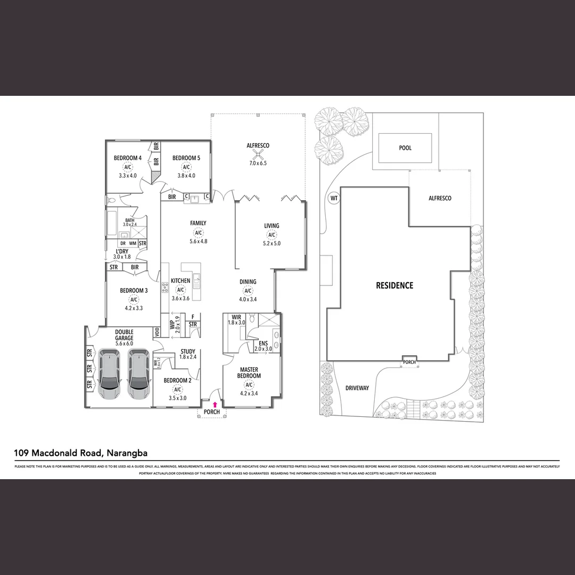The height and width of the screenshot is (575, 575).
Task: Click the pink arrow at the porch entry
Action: [215, 405]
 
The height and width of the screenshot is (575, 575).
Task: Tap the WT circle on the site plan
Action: [334, 199]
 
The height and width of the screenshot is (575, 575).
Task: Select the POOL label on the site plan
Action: [405, 148]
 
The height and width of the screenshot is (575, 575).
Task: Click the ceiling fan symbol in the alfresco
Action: [258, 155]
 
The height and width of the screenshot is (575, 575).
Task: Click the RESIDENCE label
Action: [395, 285]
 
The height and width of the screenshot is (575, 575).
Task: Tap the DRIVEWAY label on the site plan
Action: [357, 388]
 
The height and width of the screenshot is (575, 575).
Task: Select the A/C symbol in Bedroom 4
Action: [127, 167]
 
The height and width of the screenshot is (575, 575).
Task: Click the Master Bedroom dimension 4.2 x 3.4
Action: [249, 394]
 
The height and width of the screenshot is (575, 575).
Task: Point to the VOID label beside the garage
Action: [157, 332]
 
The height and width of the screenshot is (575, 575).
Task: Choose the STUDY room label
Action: [187, 351]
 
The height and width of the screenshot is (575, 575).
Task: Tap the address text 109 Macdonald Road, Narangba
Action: [81, 454]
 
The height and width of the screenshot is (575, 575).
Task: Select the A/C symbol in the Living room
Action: [272, 235]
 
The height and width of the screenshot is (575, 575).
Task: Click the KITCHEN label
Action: [180, 281]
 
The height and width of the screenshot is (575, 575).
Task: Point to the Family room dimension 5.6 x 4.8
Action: [198, 241]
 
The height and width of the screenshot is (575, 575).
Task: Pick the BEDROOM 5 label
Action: [186, 158]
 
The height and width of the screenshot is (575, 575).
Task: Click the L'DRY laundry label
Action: [121, 251]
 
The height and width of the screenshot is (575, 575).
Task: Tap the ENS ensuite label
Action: [263, 343]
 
